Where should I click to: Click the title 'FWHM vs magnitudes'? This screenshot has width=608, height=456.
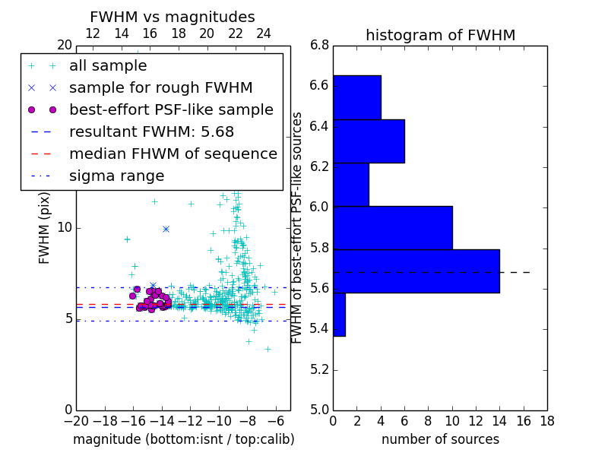click(173, 17)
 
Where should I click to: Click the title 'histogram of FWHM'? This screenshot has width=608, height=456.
click(440, 35)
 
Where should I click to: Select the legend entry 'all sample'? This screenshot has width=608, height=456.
click(108, 66)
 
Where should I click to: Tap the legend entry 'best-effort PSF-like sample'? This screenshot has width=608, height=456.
click(171, 109)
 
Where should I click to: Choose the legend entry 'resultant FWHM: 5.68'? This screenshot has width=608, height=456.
click(151, 131)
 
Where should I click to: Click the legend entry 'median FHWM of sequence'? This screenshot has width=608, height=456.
click(173, 154)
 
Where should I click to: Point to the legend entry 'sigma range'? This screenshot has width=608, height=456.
click(116, 176)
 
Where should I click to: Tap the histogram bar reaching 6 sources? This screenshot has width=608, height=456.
click(369, 141)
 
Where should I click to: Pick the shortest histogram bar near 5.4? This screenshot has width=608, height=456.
click(339, 314)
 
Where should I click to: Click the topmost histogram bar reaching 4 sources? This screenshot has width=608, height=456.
click(356, 97)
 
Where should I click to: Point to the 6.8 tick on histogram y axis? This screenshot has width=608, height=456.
click(319, 45)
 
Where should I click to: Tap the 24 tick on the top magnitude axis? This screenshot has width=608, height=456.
click(264, 33)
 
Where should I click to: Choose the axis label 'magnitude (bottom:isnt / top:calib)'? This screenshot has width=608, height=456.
click(183, 439)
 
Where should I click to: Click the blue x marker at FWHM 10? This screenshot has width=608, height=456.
click(166, 229)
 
